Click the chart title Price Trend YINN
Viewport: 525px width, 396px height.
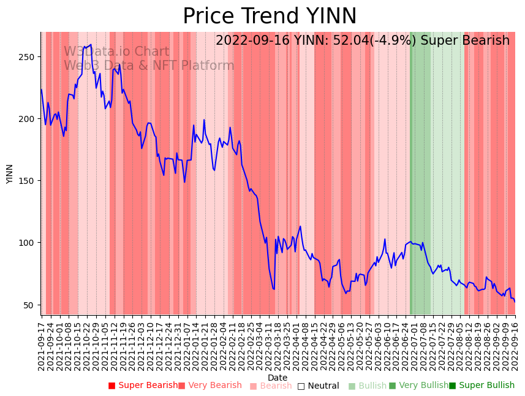coord(270,17)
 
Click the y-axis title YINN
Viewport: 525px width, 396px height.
coord(9,173)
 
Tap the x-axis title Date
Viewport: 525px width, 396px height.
coord(278,378)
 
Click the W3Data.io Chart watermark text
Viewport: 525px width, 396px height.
coord(116,51)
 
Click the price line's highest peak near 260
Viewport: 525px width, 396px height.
coord(91,45)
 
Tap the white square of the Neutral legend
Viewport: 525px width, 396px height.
coord(301,386)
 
